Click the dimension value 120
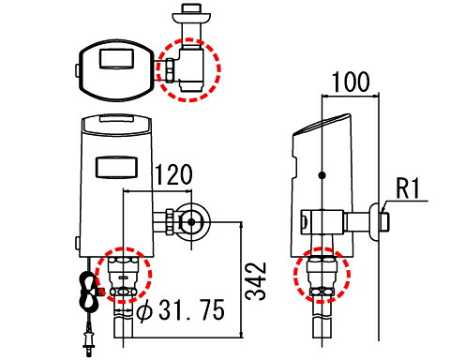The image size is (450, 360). tap(173, 174)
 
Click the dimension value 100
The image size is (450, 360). tap(350, 82)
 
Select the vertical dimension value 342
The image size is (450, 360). tap(256, 281)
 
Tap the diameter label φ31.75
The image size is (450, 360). tap(181, 309)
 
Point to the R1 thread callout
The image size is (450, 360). tap(407, 188)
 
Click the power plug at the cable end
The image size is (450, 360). tap(89, 340)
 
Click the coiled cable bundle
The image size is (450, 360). tap(88, 290)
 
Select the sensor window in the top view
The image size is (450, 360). tap(116, 58)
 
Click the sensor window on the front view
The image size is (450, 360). tap(116, 167)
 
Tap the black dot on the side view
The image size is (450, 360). tap(322, 175)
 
